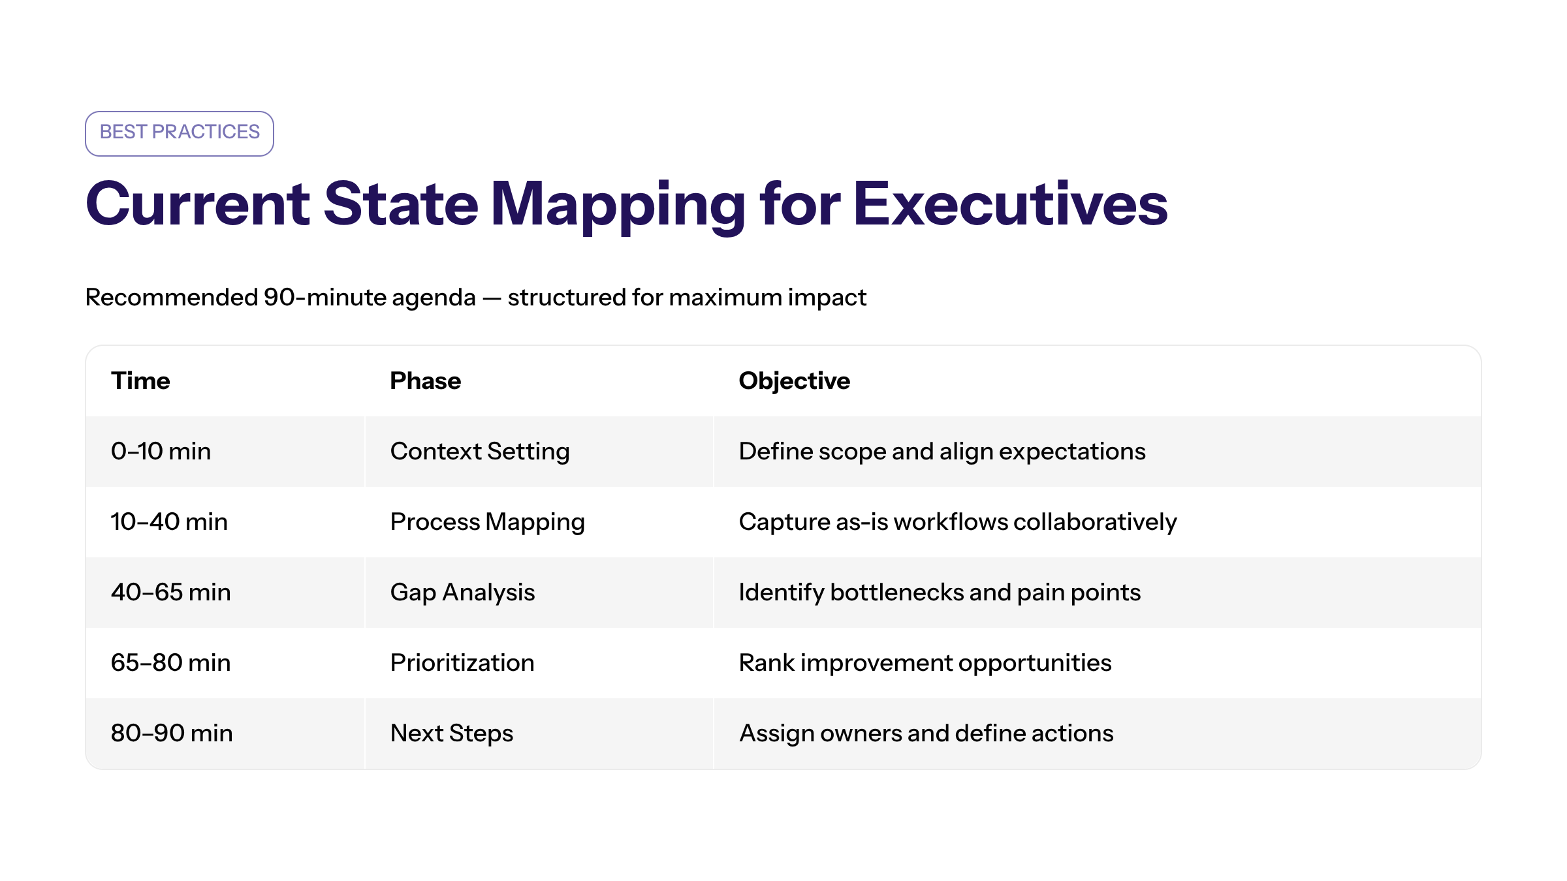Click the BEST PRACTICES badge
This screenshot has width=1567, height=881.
(180, 134)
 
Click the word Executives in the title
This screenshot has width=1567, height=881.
(1010, 204)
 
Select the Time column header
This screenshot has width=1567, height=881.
(140, 381)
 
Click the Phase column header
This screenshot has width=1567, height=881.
(426, 381)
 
